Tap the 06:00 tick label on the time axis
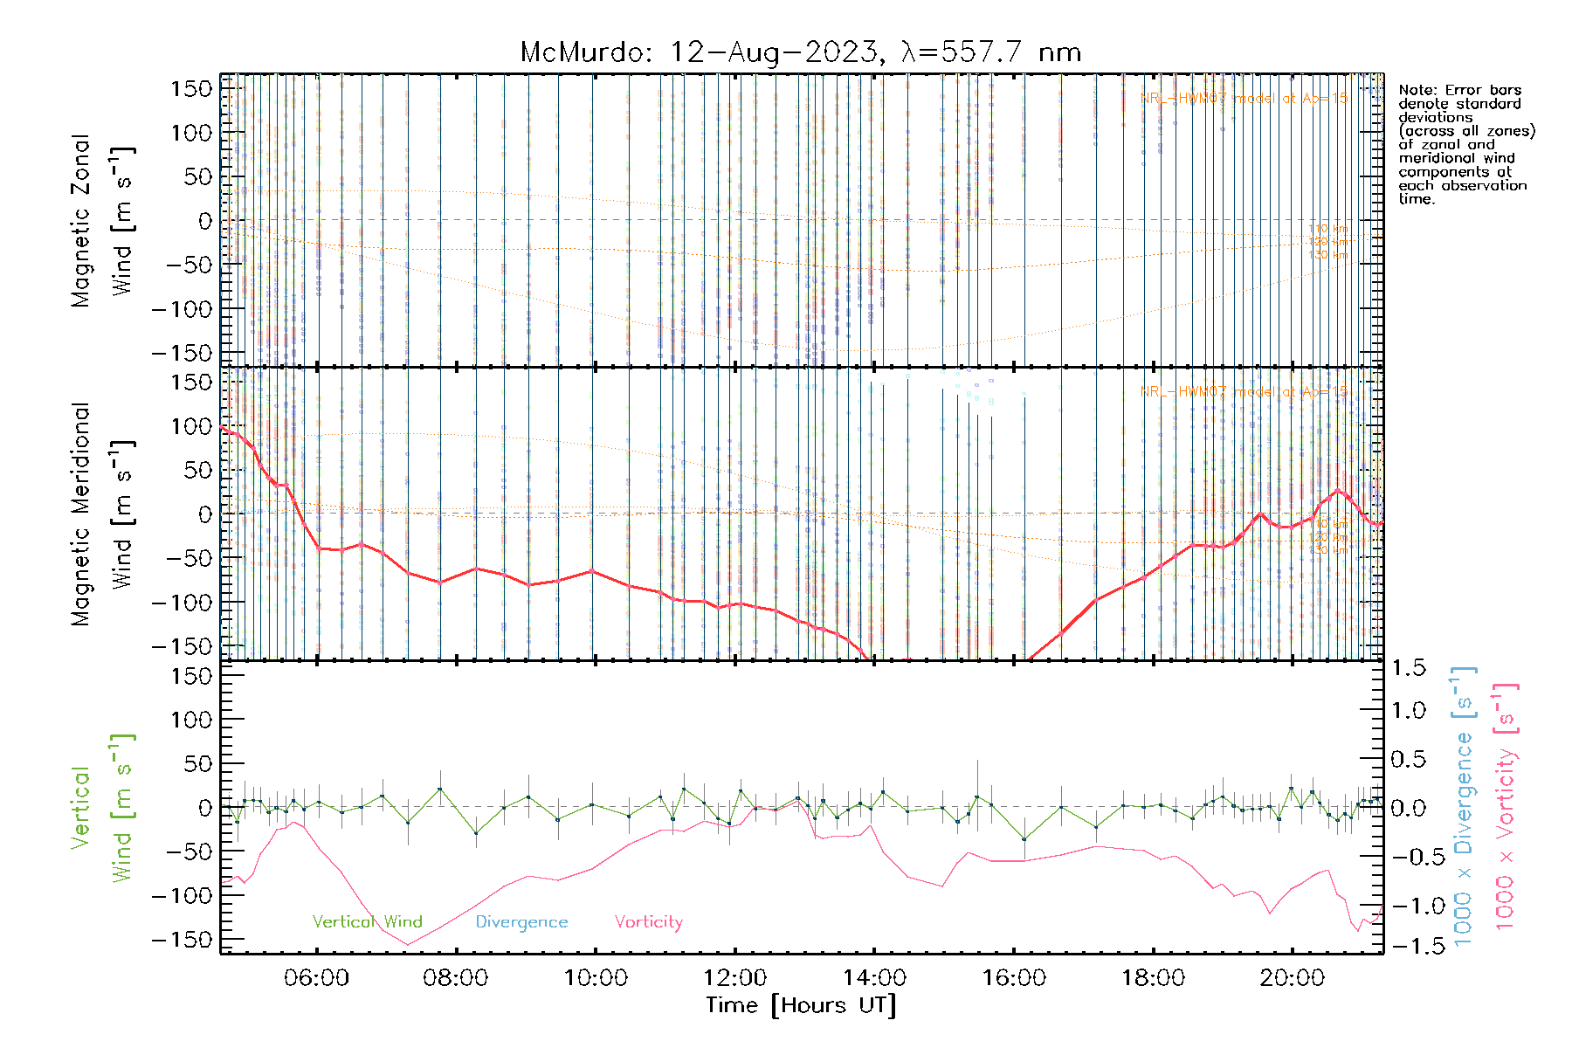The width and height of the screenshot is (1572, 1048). pos(316,978)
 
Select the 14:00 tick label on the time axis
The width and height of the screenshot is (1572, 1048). pos(874,978)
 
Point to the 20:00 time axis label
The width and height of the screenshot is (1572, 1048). pos(1293,978)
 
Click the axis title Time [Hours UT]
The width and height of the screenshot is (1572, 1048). pos(801,1005)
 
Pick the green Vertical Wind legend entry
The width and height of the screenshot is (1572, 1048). pos(367,921)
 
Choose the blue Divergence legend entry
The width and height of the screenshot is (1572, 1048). pos(521,921)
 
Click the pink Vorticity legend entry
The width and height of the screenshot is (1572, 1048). pos(648,921)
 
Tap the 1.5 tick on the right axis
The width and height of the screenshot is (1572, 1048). pos(1408,668)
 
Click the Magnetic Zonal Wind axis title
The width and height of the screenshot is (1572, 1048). pos(102,220)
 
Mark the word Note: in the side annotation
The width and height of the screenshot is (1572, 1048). pos(1417,90)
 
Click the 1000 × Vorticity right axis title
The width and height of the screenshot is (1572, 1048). pos(1506,806)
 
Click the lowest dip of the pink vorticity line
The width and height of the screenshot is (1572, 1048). pos(407,944)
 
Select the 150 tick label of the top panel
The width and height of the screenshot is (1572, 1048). pos(192,88)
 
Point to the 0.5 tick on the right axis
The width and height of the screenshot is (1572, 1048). pos(1408,759)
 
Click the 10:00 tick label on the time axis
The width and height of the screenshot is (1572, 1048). pos(595,978)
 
